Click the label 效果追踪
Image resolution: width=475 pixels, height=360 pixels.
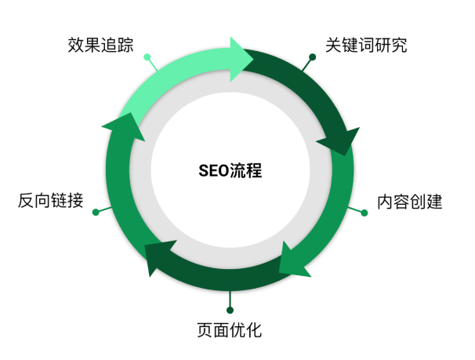pyautogui.click(x=100, y=45)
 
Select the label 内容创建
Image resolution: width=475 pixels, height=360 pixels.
pyautogui.click(x=409, y=202)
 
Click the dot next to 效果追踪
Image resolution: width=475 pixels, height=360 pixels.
pyautogui.click(x=147, y=56)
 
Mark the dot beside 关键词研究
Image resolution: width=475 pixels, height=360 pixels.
pyautogui.click(x=312, y=56)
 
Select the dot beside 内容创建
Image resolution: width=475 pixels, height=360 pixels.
pyautogui.click(x=364, y=213)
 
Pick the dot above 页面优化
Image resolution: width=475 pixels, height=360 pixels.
pyautogui.click(x=230, y=309)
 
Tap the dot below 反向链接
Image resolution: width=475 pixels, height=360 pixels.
pyautogui.click(x=96, y=212)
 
